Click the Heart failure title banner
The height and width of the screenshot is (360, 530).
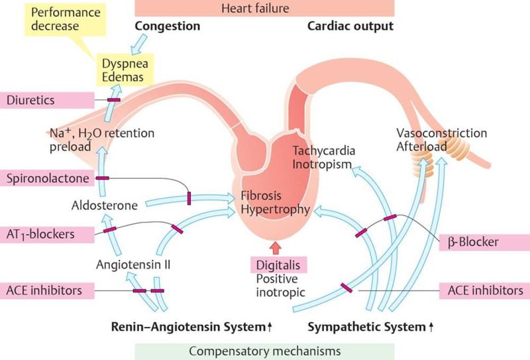coord(264,8)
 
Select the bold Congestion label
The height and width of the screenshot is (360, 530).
coord(168,26)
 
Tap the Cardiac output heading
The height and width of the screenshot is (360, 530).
coord(350,26)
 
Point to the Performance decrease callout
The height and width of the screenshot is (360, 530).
coord(66,19)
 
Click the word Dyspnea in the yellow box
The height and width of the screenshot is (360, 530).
coord(125,64)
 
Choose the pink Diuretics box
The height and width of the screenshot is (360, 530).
coord(47,100)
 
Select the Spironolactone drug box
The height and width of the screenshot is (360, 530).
coord(47,178)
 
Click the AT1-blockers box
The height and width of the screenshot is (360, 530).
coord(47,235)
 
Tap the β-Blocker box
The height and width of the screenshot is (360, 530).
coord(484,242)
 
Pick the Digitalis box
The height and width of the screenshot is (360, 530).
coord(278,265)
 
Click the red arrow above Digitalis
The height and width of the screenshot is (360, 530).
coord(276,248)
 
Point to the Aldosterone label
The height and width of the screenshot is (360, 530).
coord(105,206)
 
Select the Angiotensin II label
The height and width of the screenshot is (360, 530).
coord(133,265)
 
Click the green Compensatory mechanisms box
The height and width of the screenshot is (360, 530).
coord(264,351)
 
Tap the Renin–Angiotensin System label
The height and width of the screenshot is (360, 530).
coord(191,327)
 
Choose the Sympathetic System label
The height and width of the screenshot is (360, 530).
coord(370,327)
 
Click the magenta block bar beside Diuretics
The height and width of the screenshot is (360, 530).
coord(114,100)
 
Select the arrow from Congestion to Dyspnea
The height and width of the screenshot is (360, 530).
coord(138,44)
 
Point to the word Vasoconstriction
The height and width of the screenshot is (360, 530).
coord(441,133)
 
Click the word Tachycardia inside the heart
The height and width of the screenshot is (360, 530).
coord(324,150)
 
